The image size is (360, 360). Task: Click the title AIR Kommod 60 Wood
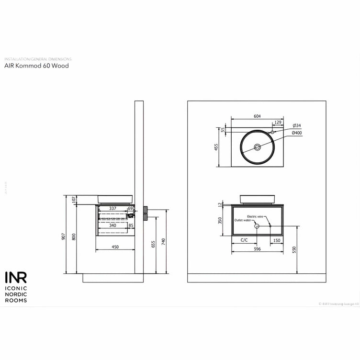[36, 66]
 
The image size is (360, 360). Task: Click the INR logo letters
[16, 278]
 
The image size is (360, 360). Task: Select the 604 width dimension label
[257, 116]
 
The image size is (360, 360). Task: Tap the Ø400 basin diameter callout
[296, 133]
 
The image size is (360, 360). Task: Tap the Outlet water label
[243, 220]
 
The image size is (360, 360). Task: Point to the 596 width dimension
[257, 248]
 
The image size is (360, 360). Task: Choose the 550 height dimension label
[295, 249]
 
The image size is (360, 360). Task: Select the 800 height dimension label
[74, 237]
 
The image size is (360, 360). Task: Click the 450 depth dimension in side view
[115, 247]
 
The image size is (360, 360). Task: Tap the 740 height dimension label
[164, 242]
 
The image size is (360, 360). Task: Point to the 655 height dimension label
[154, 244]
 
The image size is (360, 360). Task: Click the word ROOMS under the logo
[15, 301]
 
